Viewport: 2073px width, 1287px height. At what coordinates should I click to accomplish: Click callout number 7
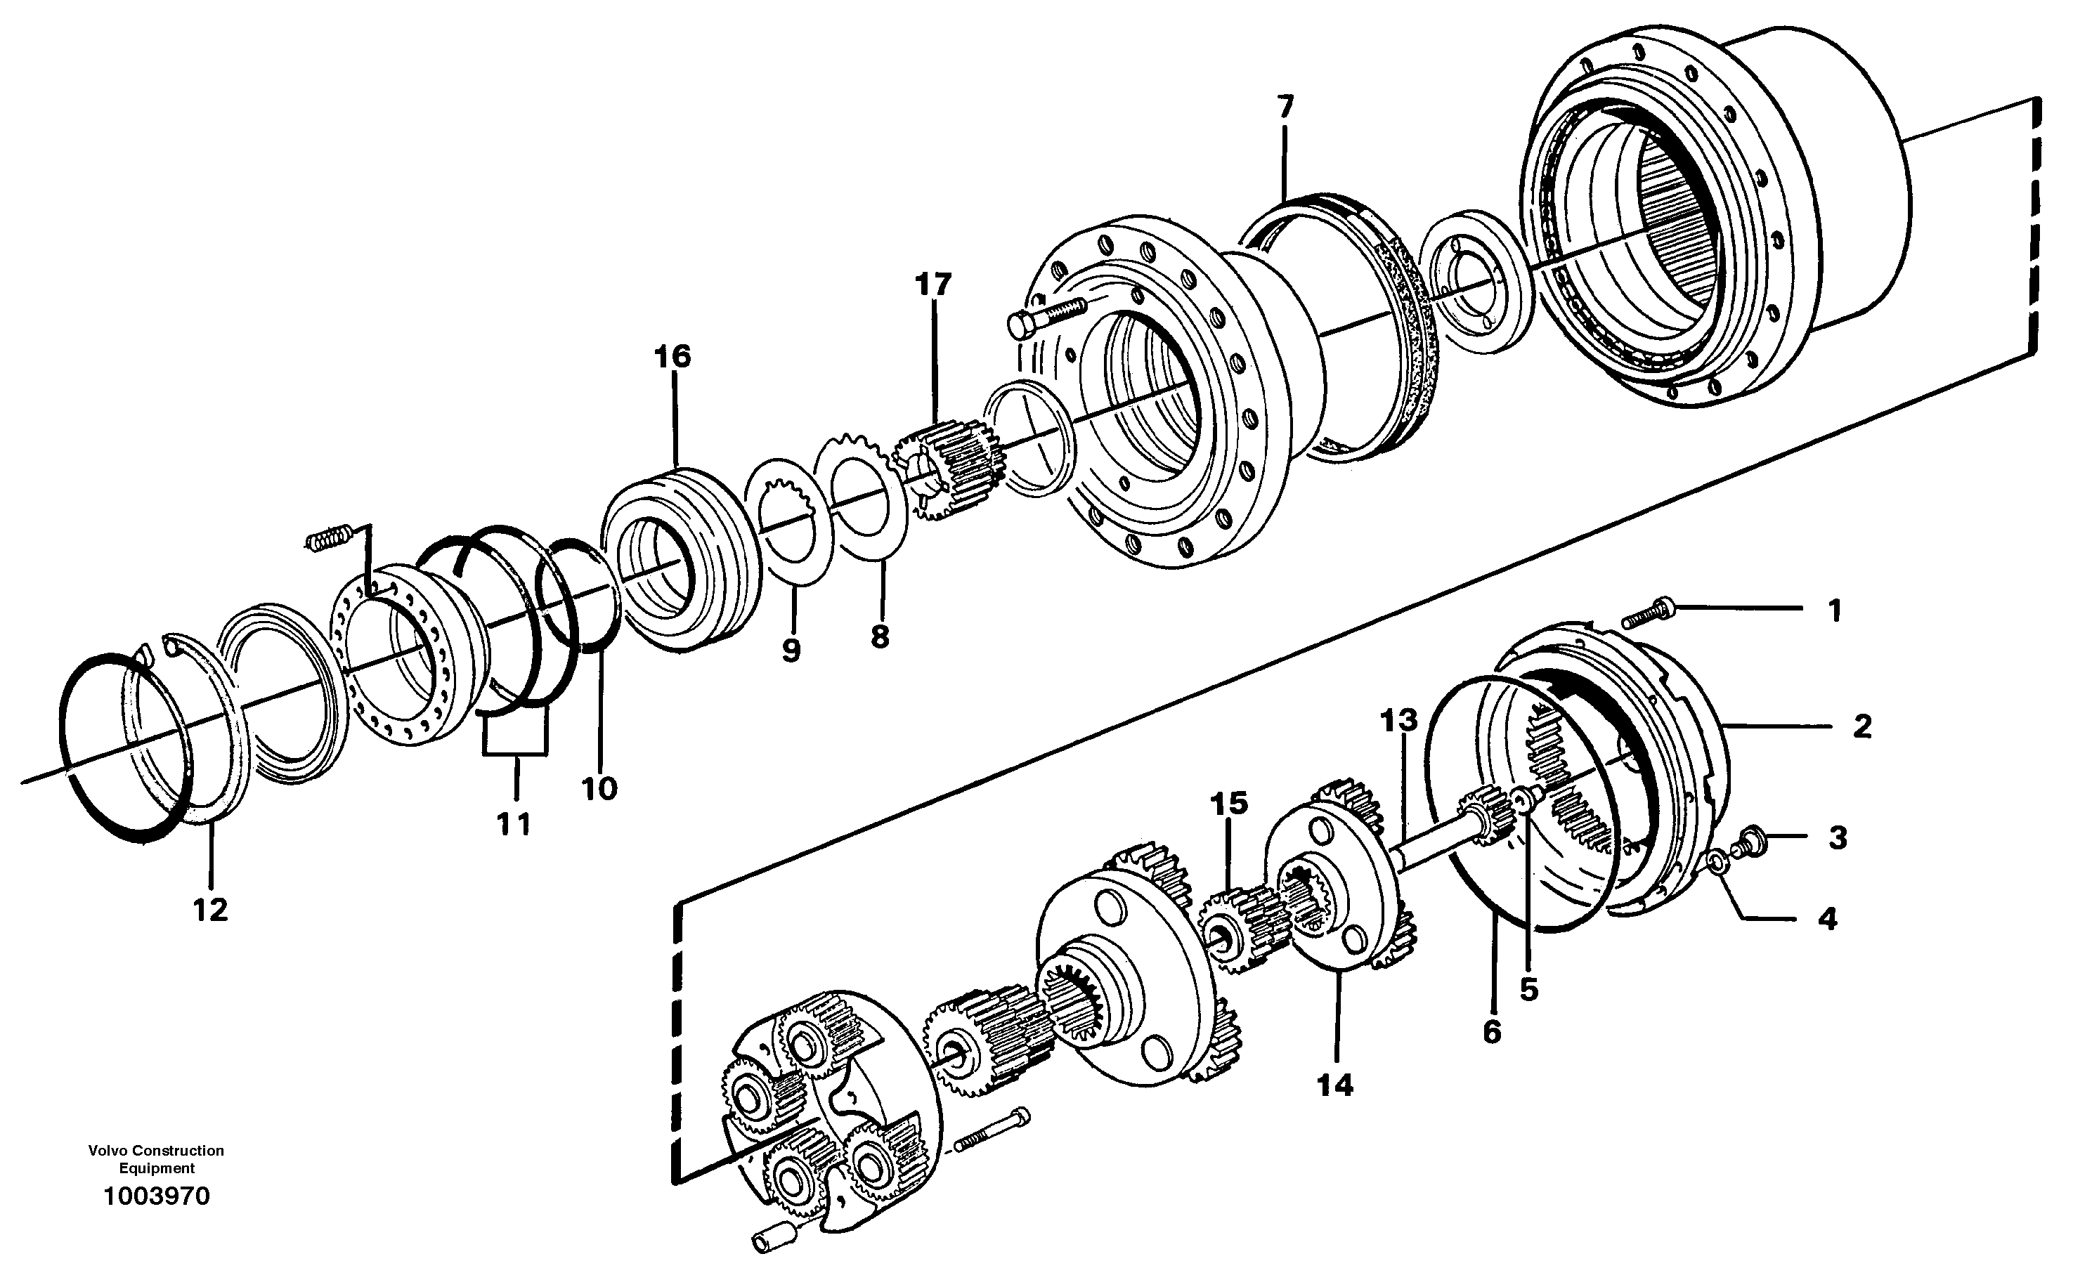(1285, 107)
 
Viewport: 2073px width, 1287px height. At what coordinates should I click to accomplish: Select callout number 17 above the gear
(933, 285)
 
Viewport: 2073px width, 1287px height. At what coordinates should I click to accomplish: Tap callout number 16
(672, 357)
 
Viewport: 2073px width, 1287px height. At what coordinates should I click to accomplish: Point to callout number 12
(210, 910)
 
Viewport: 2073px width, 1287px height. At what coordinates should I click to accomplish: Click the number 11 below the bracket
(514, 824)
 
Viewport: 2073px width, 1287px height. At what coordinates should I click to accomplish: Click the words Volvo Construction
(156, 1151)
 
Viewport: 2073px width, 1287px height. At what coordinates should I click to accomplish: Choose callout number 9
(791, 651)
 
